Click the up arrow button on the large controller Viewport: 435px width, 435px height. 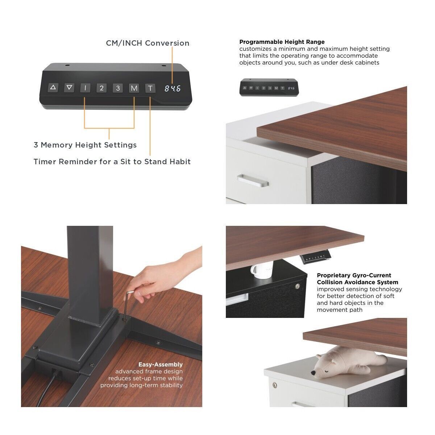click(53, 88)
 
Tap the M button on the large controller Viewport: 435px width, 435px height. click(134, 88)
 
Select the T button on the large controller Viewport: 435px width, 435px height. click(150, 88)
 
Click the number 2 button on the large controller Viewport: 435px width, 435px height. click(101, 88)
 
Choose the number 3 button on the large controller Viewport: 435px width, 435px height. click(118, 88)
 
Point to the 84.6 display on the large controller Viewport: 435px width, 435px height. click(173, 88)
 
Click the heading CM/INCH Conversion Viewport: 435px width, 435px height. click(148, 43)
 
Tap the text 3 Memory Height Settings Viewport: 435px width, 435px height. click(85, 145)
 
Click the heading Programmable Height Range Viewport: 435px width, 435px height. click(282, 42)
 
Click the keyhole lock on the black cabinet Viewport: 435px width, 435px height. click(298, 286)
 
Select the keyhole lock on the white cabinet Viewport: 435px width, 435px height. click(275, 385)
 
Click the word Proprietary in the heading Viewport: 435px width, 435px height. click(333, 275)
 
